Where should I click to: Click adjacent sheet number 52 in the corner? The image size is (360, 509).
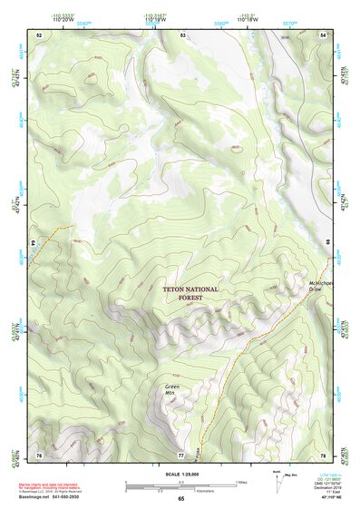click(39, 34)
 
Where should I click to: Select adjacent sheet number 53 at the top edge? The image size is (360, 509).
click(182, 34)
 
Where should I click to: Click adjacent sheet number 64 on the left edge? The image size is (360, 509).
click(34, 244)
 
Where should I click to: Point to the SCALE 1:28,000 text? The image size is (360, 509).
click(180, 473)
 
